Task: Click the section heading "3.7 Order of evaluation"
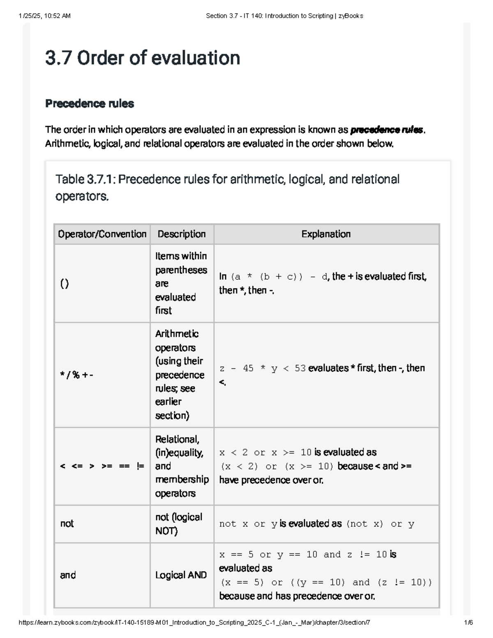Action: tap(143, 58)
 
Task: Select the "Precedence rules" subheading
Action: tap(90, 104)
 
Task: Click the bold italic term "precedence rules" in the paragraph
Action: tap(387, 130)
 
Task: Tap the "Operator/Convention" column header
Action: tap(102, 234)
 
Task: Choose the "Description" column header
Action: tap(182, 234)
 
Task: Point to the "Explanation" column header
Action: tap(326, 234)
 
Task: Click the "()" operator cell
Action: tap(65, 283)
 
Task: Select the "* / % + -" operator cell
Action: tap(76, 375)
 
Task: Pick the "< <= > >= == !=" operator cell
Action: tap(102, 466)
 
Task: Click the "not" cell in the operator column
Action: tap(67, 524)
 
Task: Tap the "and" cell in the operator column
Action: tap(68, 575)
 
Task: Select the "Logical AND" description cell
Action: tap(181, 575)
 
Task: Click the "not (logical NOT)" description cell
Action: tap(179, 524)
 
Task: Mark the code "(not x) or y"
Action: tap(380, 524)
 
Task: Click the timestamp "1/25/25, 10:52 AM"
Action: tap(44, 16)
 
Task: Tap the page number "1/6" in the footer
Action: tap(468, 622)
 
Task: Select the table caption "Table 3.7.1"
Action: tap(86, 180)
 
